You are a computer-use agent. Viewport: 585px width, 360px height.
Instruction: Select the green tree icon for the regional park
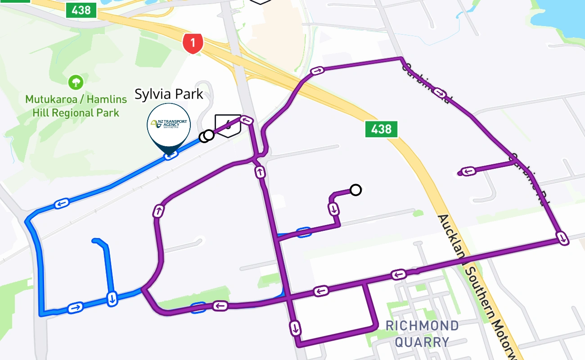[76, 82]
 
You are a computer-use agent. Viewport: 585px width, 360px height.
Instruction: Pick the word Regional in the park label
[73, 112]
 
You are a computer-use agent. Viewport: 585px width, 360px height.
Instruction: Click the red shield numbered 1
[193, 43]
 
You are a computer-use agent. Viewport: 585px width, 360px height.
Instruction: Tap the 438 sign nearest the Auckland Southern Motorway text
[381, 129]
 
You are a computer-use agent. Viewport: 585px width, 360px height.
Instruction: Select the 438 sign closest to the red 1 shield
[81, 10]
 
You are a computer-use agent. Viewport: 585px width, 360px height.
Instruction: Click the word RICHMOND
[422, 326]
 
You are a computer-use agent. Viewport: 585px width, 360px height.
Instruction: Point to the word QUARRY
[422, 342]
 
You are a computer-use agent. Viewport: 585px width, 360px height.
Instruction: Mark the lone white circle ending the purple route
[355, 190]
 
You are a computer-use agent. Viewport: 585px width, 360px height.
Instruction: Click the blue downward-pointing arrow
[112, 298]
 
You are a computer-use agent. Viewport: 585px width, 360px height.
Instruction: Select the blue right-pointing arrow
[75, 308]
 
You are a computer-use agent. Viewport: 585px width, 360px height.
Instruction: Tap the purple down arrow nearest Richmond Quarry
[295, 327]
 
